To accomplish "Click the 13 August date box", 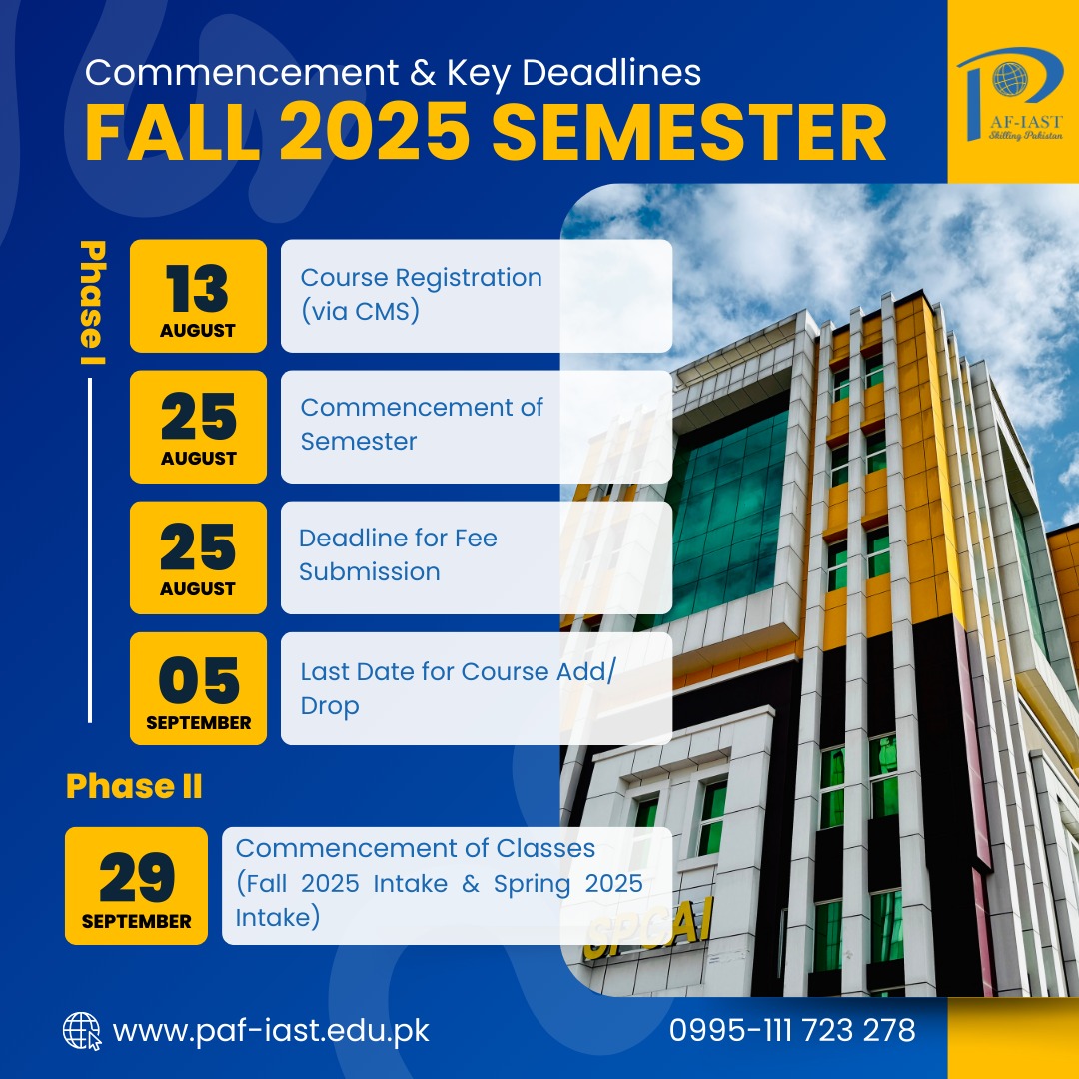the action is coord(198,296).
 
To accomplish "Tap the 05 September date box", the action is coord(198,688).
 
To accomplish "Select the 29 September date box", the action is coord(136,885).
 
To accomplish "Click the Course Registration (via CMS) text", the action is coord(422,294).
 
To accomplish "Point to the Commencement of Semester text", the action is coord(422,424).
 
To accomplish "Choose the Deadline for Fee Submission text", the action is coord(398,554).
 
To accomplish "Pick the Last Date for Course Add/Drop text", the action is coord(458,688).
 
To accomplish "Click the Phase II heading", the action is coord(134,786).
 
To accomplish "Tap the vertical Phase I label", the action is coord(92,303).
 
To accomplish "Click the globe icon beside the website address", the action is coord(82,1031).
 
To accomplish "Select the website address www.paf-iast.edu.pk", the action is coord(271,1031).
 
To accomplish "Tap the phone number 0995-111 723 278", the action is coord(792,1030).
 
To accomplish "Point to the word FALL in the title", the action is coord(173,132).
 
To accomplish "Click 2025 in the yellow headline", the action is coord(375,132).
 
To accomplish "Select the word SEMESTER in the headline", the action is coord(688,132).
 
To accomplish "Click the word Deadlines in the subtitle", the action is coord(611,72).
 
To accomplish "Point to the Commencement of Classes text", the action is coord(416,848).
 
